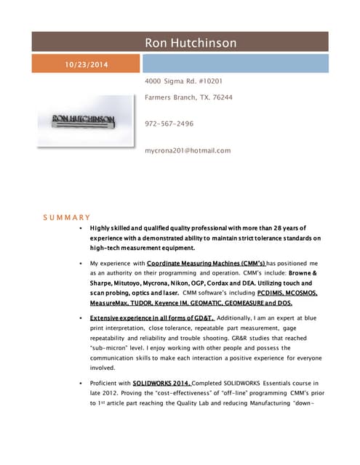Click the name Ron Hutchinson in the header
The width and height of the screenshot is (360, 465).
191,43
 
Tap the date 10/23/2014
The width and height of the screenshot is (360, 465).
87,65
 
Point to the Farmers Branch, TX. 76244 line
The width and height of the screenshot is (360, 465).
189,97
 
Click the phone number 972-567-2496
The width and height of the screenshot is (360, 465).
169,124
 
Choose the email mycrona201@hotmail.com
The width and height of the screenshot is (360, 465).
188,150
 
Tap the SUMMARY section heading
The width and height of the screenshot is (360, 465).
66,217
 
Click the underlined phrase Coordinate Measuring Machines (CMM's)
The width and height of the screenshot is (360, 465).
207,262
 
